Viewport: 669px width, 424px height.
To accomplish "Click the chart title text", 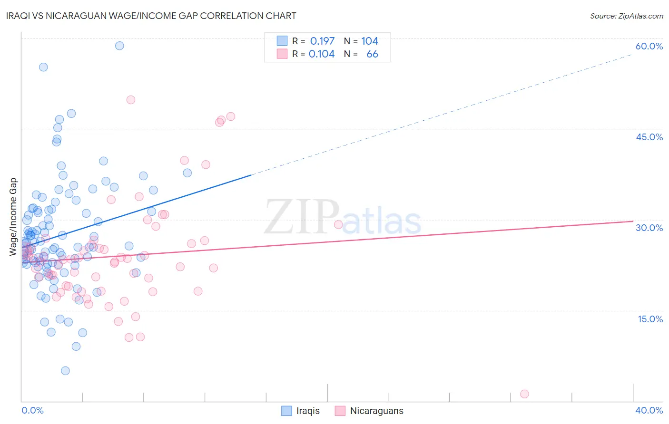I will (x=152, y=16).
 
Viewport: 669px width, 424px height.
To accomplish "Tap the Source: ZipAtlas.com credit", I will (x=626, y=16).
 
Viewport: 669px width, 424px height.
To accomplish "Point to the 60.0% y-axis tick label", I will (x=649, y=46).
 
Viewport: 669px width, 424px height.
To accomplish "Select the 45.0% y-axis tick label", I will (x=649, y=137).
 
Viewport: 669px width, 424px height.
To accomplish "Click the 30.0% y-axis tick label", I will (x=649, y=228).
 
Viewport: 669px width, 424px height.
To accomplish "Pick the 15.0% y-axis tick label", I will (x=650, y=319).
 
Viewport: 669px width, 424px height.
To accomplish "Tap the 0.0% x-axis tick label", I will (x=32, y=411).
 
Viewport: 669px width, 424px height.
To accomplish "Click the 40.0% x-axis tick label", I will (x=649, y=411).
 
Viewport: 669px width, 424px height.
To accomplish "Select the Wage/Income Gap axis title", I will (x=13, y=217).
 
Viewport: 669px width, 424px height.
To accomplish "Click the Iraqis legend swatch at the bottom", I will (x=286, y=411).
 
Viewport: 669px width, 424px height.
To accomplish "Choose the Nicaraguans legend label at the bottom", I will (x=376, y=411).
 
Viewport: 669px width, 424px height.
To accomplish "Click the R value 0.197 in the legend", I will (x=322, y=41).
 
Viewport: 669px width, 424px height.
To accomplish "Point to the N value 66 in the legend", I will (x=372, y=54).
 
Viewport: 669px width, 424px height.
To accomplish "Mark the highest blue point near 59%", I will (x=119, y=46).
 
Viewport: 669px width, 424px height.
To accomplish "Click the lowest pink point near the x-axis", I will (x=524, y=394).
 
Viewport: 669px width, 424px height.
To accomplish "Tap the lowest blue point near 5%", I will (x=65, y=371).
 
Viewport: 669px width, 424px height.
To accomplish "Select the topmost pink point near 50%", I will (x=131, y=100).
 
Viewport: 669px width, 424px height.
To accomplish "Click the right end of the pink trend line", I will (x=633, y=221).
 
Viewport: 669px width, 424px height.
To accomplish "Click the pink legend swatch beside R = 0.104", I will (x=282, y=54).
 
